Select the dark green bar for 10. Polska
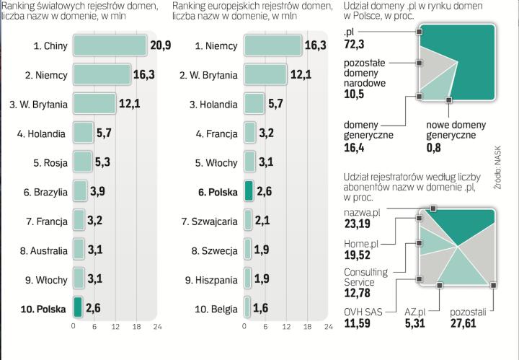click(77, 308)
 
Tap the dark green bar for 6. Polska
click(249, 191)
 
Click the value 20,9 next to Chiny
click(160, 45)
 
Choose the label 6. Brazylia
click(45, 192)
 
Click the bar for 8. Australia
click(79, 250)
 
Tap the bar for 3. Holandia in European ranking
click(254, 104)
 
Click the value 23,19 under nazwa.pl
click(358, 224)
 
